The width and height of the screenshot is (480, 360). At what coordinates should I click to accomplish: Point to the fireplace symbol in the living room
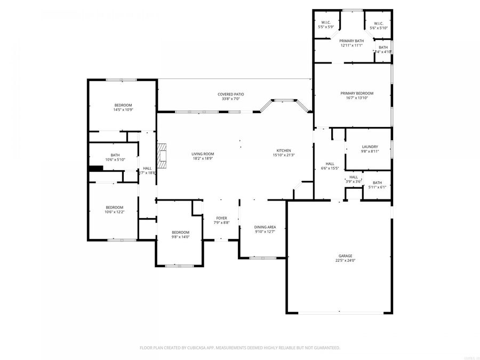[x=162, y=154]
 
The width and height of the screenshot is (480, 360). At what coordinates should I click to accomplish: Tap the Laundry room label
[x=370, y=147]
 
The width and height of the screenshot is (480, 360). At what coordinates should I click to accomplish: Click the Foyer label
[x=221, y=218]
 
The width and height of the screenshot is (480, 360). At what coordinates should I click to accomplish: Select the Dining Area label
[x=265, y=227]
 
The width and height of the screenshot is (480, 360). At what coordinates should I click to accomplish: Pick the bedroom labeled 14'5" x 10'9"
[x=123, y=105]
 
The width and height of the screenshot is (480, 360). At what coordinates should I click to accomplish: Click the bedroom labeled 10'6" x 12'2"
[x=114, y=207]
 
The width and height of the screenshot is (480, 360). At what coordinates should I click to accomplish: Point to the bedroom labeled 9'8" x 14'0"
[x=180, y=232]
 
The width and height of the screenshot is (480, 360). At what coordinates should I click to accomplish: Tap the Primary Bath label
[x=351, y=41]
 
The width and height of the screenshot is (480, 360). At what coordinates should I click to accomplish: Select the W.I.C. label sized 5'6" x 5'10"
[x=378, y=23]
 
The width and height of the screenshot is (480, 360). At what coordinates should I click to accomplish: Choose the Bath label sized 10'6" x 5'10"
[x=115, y=155]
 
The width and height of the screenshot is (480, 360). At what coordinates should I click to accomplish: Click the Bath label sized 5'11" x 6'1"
[x=377, y=182]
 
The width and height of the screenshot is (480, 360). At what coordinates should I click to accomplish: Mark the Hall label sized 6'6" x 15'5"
[x=330, y=164]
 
